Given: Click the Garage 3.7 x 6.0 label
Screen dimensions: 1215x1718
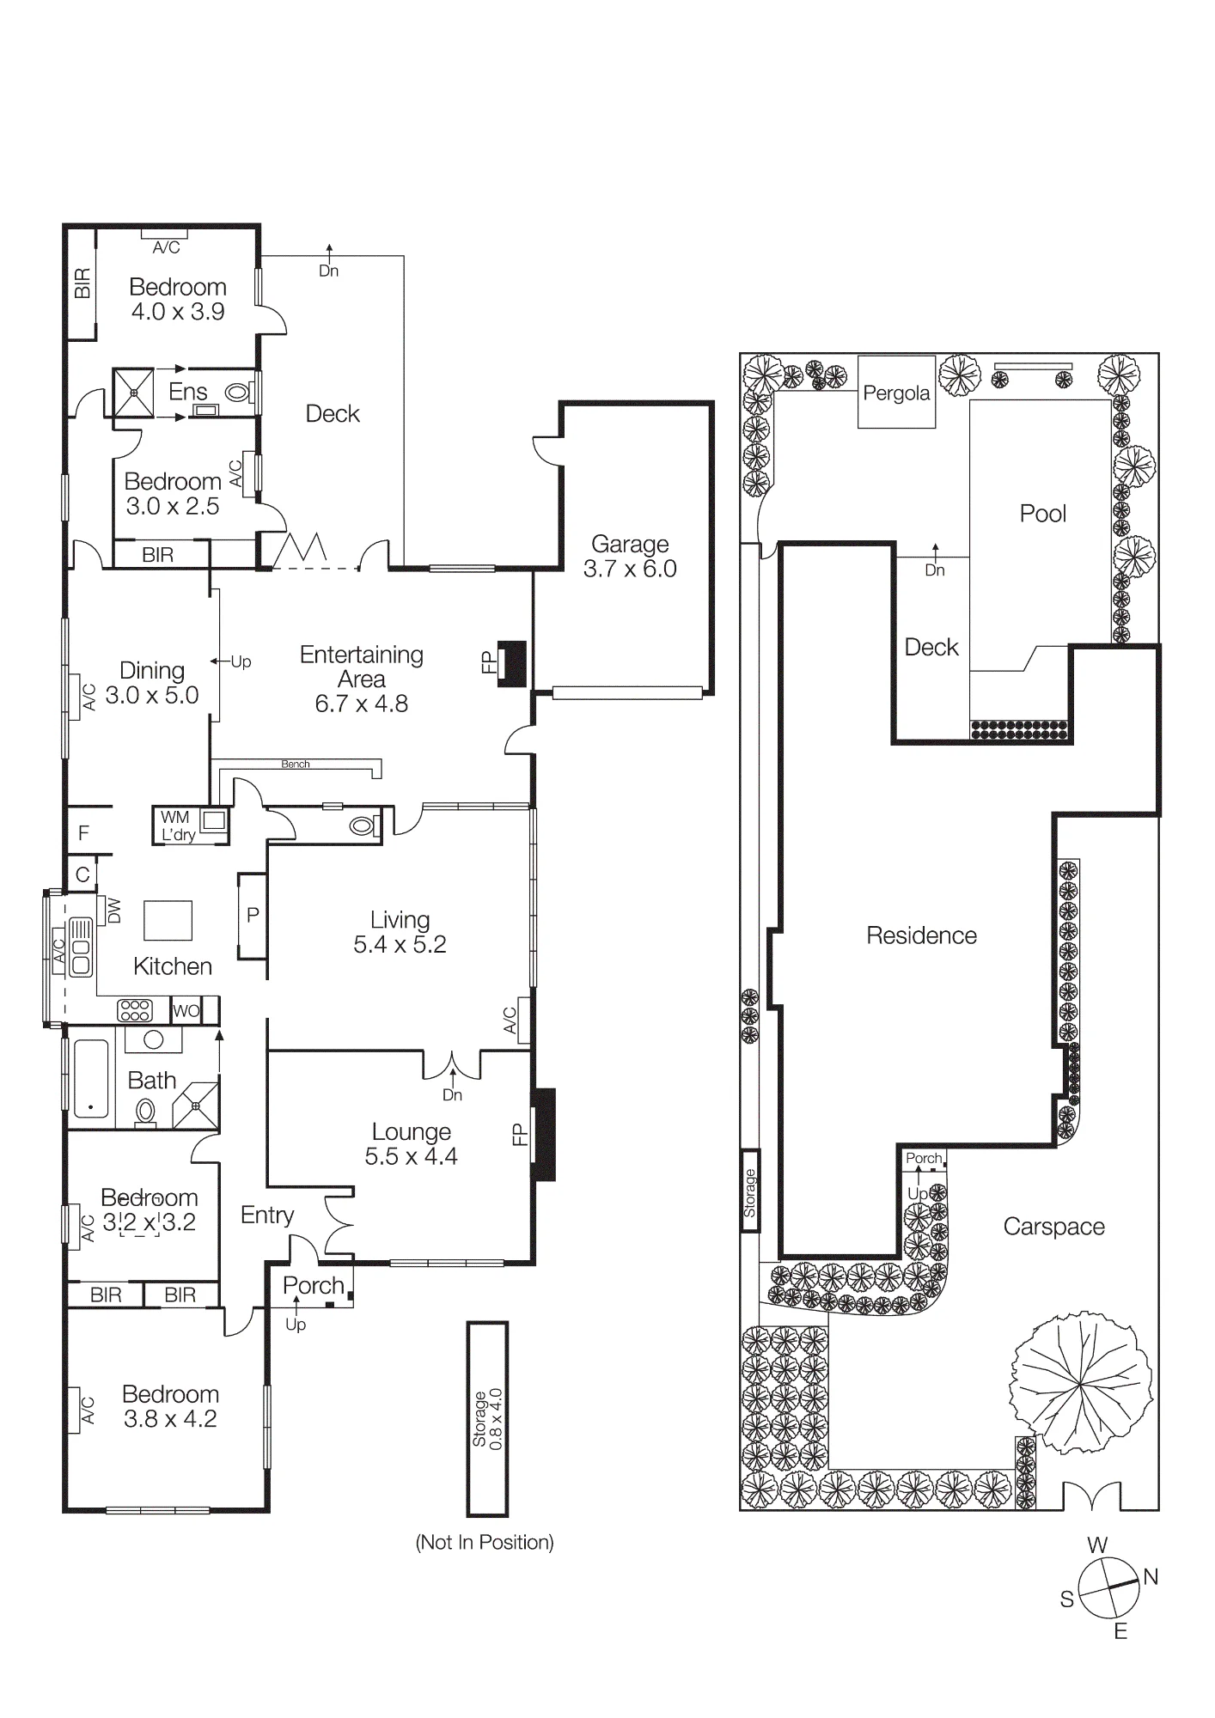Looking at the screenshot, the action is coord(630,557).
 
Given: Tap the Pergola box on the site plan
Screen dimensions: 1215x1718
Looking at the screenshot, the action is coord(896,392).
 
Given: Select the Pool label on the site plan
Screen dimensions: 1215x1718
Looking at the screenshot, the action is coord(1042,514).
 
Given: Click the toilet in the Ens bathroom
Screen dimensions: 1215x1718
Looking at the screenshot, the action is coord(238,393).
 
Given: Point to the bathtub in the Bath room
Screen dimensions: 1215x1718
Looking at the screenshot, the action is coord(90,1077).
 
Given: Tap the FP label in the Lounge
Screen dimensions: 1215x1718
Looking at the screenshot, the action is coord(519,1134).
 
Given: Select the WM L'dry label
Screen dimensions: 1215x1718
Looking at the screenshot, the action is coord(178,825).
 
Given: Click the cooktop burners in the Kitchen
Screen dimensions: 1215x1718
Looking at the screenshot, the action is coord(135,1010).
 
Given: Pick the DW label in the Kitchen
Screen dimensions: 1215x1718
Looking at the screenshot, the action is coord(114,911).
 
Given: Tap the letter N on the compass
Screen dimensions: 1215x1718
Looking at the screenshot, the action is coord(1151,1576).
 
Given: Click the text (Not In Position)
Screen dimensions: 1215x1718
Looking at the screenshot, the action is coord(485,1542).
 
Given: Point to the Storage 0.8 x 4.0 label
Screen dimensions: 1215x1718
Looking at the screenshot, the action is coord(487,1418).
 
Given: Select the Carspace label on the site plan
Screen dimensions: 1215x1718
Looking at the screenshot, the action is coord(1053,1227).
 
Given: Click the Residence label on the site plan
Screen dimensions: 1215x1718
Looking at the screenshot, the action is coord(921,935).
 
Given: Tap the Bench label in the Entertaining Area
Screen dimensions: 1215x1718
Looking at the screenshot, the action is coord(296,764).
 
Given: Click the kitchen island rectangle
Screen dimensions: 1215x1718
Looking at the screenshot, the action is coord(168,921).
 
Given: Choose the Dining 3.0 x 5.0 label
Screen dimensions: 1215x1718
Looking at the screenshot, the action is coord(152,683).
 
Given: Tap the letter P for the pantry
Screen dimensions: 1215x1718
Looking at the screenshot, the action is coord(253,916).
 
